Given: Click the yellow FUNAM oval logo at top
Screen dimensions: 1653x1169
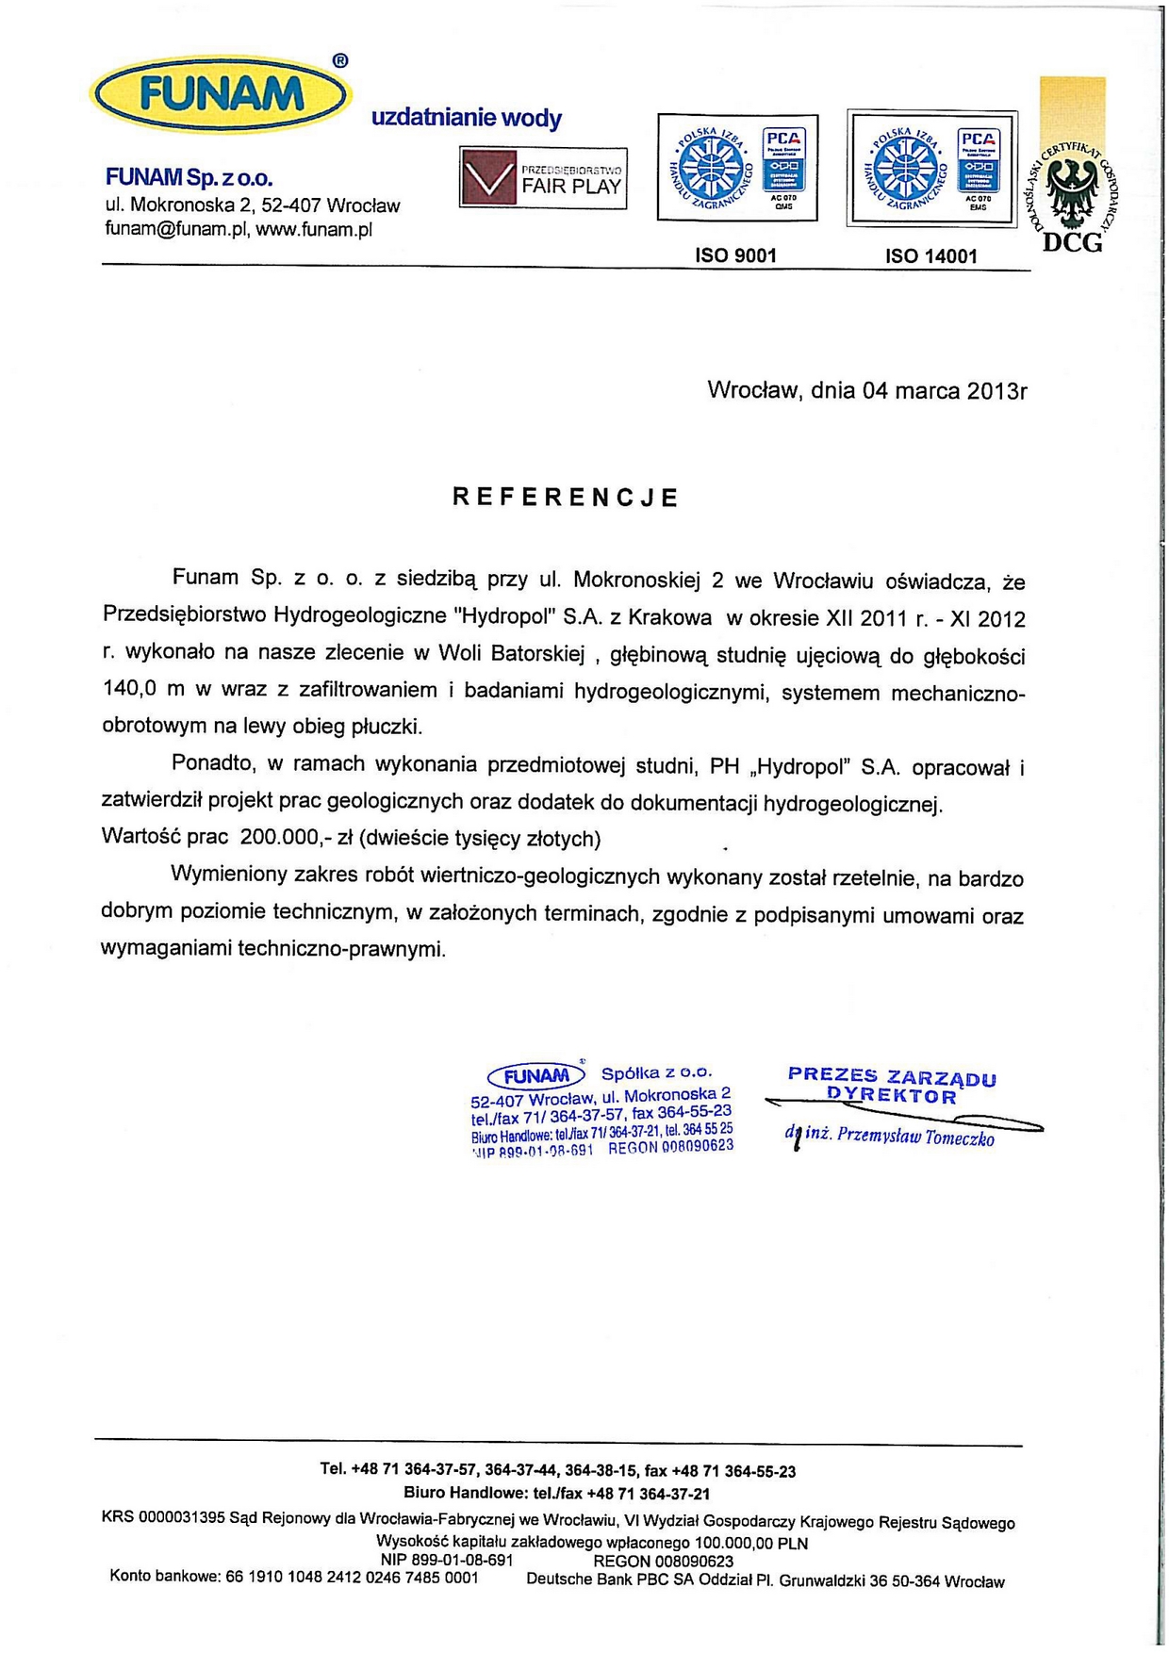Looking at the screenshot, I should [x=221, y=95].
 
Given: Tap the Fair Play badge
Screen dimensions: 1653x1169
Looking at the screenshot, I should [x=543, y=177].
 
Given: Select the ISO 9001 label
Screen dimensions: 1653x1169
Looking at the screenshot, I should [x=735, y=255].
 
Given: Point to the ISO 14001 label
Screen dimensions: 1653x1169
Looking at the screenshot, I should [x=930, y=256].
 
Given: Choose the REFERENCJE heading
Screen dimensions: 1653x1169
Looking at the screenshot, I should [x=566, y=498].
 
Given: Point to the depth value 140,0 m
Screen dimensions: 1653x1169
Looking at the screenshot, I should [x=143, y=689].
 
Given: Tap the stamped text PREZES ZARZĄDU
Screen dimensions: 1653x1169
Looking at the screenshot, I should [x=891, y=1076].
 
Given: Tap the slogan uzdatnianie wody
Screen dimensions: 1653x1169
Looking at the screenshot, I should [x=467, y=119].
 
